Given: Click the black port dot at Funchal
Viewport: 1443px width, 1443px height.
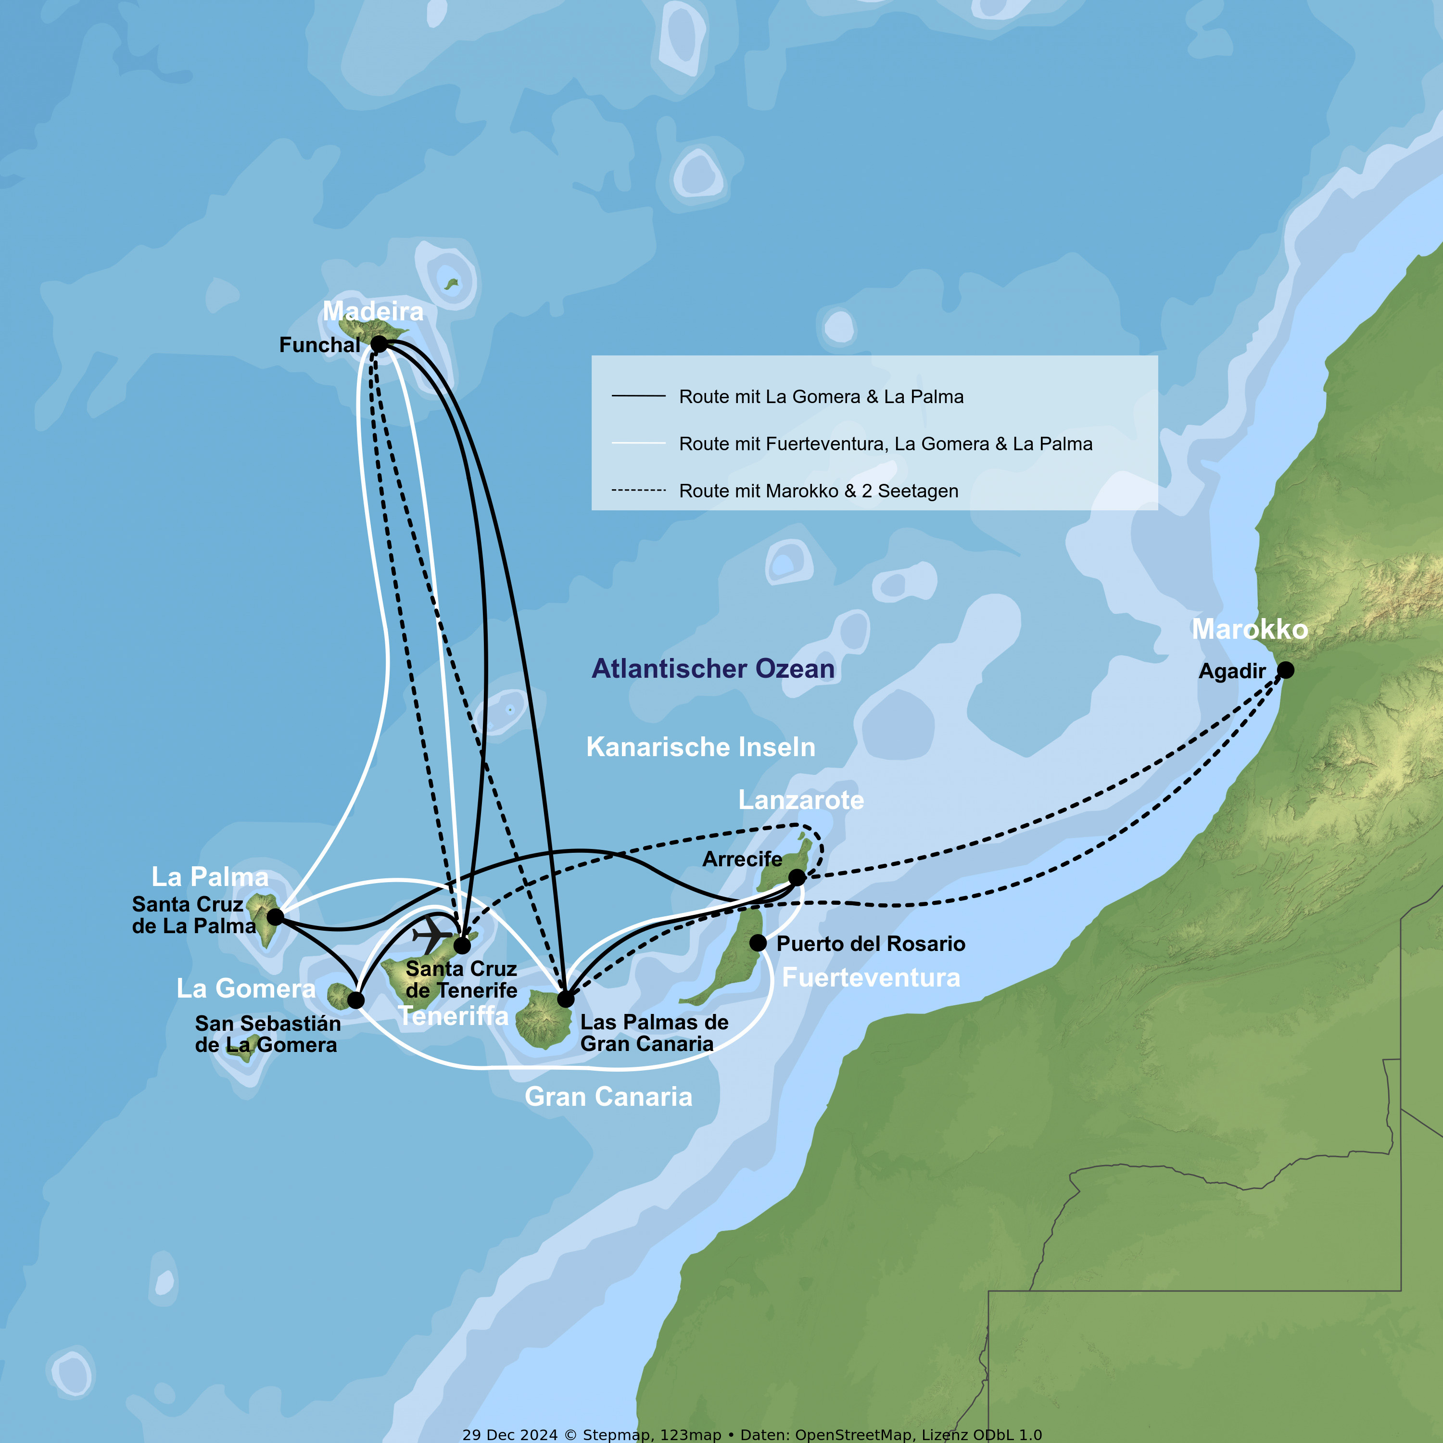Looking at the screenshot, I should [379, 344].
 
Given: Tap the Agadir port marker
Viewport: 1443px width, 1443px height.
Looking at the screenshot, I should [1285, 670].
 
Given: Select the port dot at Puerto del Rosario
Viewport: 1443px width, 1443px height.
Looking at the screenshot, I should [758, 943].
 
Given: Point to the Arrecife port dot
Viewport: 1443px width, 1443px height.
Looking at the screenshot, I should [797, 877].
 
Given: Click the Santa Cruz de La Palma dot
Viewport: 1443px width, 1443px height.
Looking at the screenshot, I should [275, 916].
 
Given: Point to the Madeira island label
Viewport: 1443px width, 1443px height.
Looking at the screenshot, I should [373, 311].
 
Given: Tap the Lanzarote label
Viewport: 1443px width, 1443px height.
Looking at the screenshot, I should [801, 800].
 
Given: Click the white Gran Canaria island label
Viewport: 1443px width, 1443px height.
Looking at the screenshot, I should [608, 1097].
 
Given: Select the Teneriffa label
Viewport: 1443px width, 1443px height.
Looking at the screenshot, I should [454, 1016].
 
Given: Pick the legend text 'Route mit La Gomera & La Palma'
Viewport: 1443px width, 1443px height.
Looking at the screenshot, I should [821, 397].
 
